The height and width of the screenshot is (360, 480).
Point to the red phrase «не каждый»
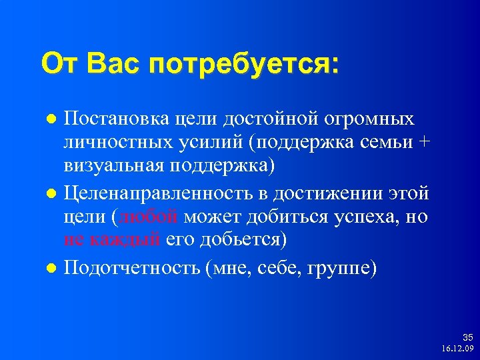[112, 240]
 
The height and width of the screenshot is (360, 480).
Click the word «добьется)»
[236, 240]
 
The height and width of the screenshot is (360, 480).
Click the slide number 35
[467, 338]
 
